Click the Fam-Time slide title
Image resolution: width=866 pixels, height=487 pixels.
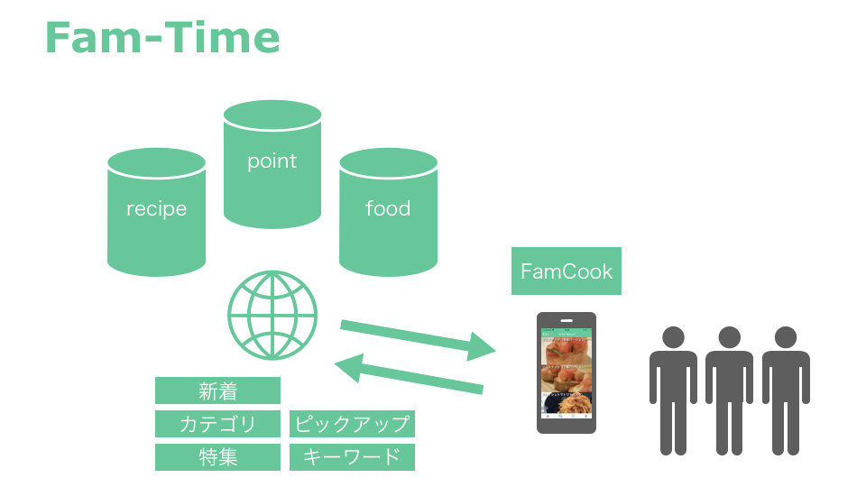point(161,39)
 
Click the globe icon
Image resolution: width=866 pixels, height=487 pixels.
point(272,315)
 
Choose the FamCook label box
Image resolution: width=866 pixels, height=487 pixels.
point(567,271)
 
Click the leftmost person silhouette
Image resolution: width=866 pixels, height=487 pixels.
point(673,392)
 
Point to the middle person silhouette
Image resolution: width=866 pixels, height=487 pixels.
point(729,392)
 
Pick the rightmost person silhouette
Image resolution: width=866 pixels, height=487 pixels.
point(786,392)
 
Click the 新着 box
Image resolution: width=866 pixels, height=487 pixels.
point(217,391)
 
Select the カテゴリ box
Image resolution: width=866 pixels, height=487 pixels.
point(217,424)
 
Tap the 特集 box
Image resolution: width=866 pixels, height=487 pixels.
point(217,457)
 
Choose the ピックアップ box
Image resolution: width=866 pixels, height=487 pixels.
point(352,424)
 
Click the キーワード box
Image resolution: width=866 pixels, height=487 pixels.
point(352,457)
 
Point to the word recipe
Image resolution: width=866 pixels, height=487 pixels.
point(157,209)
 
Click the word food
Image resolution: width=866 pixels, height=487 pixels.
point(388,209)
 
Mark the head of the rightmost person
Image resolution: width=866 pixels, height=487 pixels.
point(786,337)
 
